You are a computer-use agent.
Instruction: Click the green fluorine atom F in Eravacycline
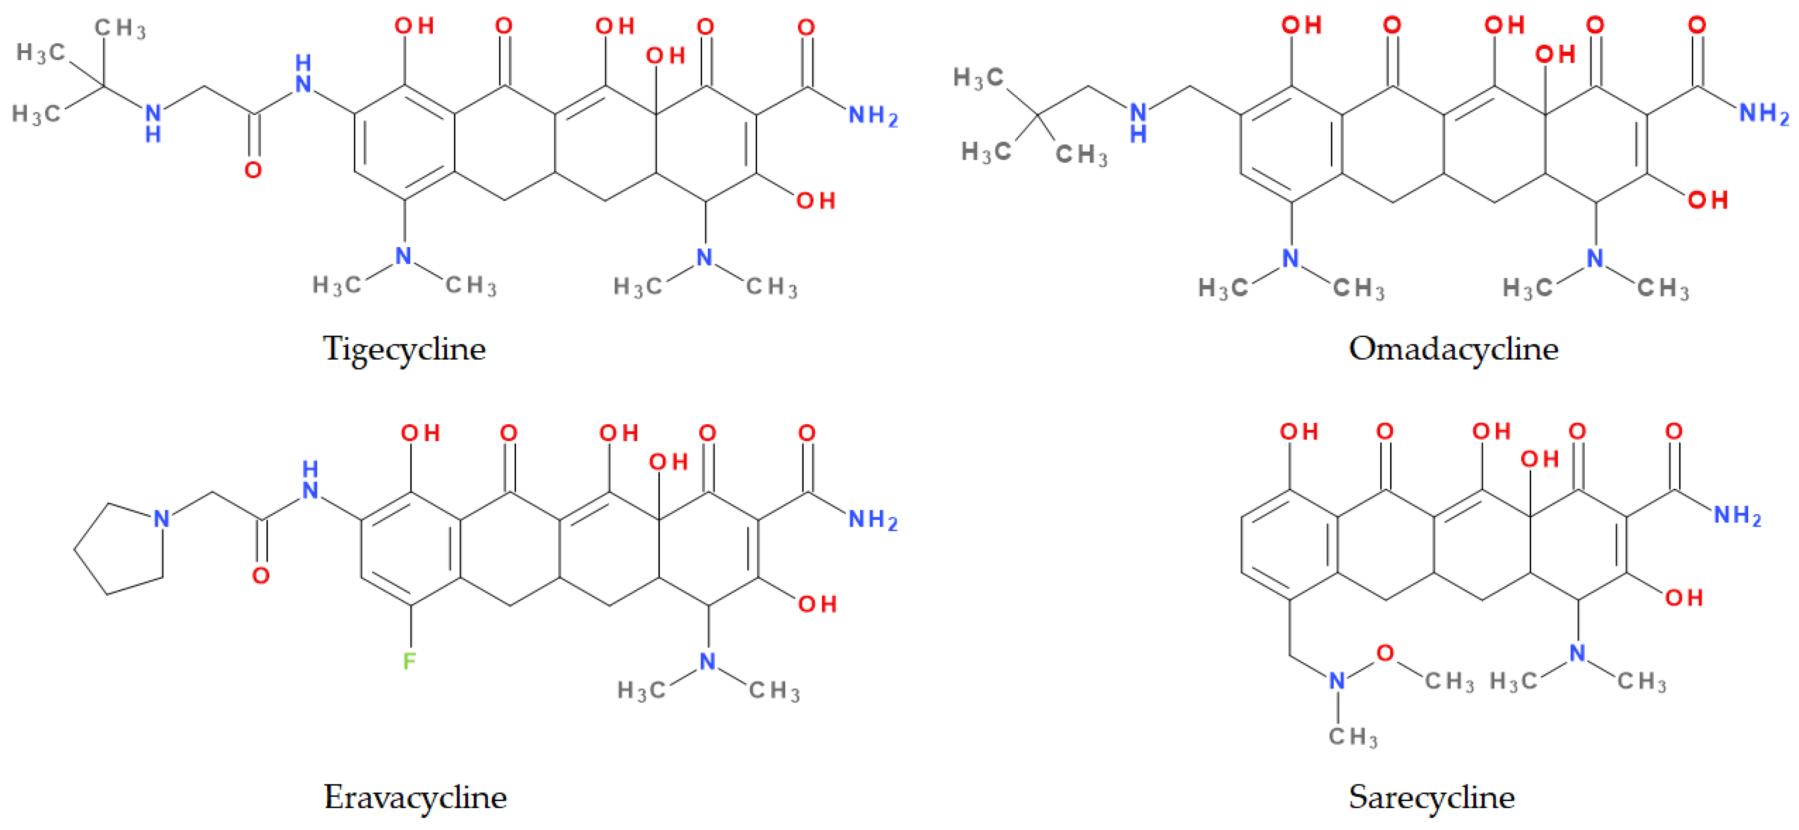tap(409, 660)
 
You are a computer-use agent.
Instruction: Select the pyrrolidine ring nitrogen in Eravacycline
tap(161, 518)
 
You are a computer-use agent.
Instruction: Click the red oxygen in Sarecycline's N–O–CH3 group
tap(1385, 653)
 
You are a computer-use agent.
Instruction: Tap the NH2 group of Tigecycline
tap(872, 116)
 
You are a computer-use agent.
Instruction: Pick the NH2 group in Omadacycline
tap(1764, 113)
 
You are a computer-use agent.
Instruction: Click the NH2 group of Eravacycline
tap(872, 520)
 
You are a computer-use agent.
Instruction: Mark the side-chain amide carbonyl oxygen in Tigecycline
tap(253, 170)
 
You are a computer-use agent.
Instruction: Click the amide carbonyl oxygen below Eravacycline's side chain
tap(260, 576)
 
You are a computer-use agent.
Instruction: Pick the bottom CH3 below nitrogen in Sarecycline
tap(1353, 737)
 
